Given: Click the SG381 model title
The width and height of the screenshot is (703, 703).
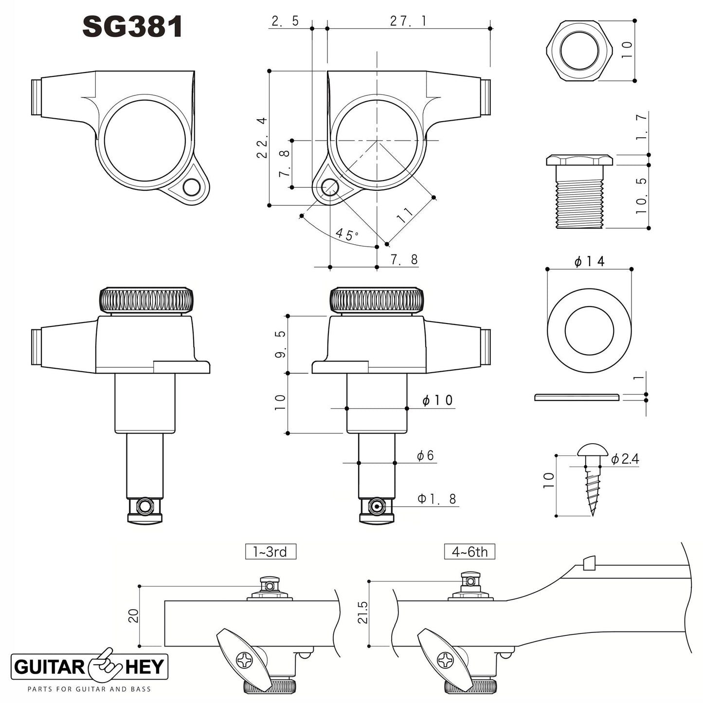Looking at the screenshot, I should point(132,27).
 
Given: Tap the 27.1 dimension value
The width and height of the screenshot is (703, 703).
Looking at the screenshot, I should point(408,21).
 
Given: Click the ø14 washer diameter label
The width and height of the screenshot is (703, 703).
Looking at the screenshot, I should point(589,262).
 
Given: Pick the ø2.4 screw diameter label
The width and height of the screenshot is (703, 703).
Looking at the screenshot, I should point(625,459).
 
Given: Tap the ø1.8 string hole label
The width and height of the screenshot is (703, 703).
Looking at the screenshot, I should point(437,499).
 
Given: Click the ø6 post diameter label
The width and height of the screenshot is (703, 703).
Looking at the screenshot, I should point(425,456).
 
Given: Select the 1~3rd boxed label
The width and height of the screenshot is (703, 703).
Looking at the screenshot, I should point(270,552).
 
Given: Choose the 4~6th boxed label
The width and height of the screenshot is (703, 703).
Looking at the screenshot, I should point(469,552).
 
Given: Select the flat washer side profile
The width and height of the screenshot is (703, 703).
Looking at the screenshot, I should point(577,397).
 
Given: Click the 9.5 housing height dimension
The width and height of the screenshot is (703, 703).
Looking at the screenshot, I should point(281,344).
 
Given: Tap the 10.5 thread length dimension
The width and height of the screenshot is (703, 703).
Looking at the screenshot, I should point(642,196).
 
